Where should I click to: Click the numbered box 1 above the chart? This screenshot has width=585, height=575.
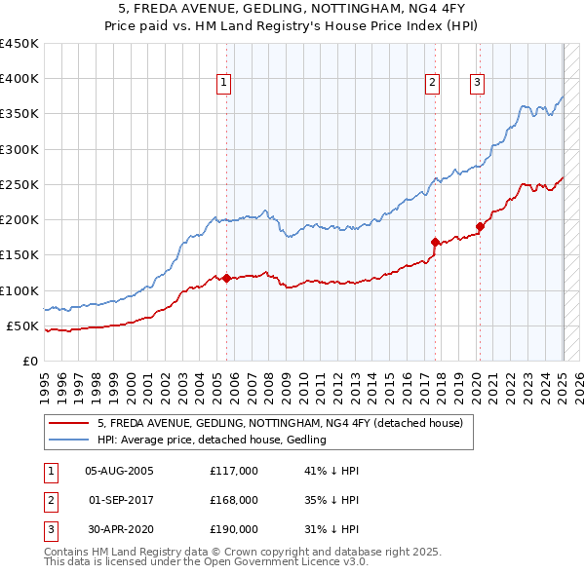click(224, 83)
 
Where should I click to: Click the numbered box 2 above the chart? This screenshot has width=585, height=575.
click(432, 83)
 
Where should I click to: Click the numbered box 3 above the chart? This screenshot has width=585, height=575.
click(477, 83)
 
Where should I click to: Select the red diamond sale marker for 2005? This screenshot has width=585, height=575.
click(226, 279)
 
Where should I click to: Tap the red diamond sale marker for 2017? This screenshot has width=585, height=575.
click(435, 242)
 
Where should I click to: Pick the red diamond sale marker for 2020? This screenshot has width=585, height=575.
click(481, 227)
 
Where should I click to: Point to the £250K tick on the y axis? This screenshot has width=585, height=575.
click(19, 184)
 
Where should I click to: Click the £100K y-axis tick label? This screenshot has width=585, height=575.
click(19, 290)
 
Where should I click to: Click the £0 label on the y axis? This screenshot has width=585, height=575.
click(31, 361)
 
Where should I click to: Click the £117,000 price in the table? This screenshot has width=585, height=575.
click(234, 471)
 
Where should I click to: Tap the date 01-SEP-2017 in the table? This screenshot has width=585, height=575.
click(121, 500)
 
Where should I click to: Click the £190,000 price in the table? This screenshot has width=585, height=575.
click(234, 529)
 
